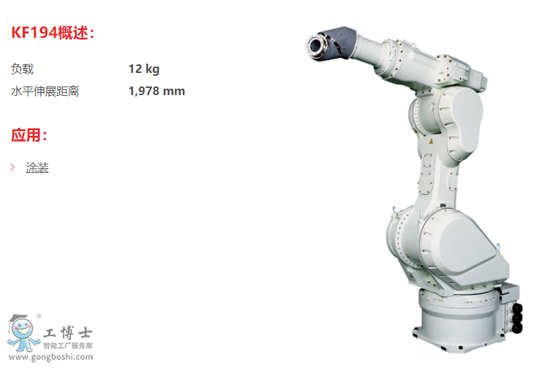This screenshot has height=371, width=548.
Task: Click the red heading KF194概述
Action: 52,33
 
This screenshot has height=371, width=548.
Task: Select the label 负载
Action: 22,69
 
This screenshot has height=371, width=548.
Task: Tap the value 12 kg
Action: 144,69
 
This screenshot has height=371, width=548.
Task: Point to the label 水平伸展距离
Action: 45,91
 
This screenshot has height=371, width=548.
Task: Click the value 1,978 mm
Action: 156,91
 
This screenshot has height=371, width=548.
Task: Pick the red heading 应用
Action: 29,135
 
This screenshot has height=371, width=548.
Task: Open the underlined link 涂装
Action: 37,167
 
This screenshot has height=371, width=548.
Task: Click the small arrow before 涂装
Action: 13,167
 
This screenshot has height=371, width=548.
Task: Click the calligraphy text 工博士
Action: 68,332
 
